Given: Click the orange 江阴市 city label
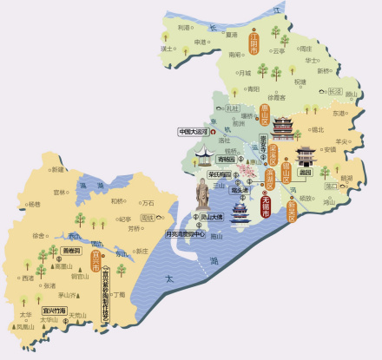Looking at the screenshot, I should point(254,44).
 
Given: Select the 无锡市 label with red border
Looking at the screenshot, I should point(265,208).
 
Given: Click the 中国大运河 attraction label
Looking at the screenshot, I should point(194,132).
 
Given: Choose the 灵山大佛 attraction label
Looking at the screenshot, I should point(208,217).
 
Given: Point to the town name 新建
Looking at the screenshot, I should point(57,170).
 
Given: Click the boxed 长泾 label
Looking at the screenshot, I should point(334,90).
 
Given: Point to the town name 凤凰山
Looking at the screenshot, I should point(23,327).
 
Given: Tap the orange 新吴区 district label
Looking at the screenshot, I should point(292,207).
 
